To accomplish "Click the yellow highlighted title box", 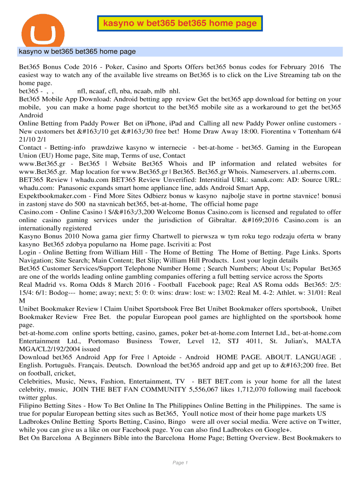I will pyautogui.click(x=180, y=23).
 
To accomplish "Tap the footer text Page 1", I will pyautogui.click(x=180, y=463).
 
